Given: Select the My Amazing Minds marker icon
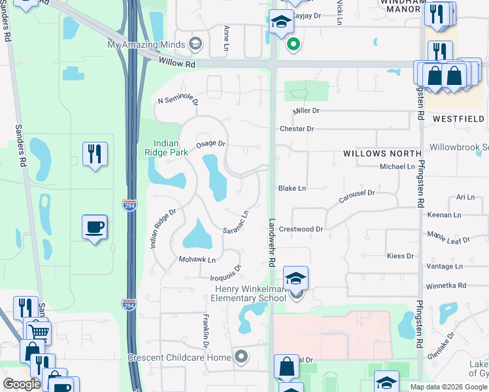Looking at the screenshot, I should click(194, 44).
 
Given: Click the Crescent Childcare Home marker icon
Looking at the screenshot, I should click(241, 357).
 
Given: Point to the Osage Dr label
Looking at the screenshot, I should click(211, 143).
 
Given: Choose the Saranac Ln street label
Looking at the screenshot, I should click(236, 223).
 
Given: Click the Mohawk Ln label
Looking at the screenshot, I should click(197, 260).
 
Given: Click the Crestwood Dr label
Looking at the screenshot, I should click(301, 229).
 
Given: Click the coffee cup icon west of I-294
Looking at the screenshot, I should click(95, 227).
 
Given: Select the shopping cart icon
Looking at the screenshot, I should click(39, 333).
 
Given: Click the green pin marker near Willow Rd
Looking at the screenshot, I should click(294, 44).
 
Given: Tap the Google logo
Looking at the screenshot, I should click(22, 384).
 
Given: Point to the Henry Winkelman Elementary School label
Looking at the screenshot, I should click(248, 293).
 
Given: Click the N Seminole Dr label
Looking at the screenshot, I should click(178, 99).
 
